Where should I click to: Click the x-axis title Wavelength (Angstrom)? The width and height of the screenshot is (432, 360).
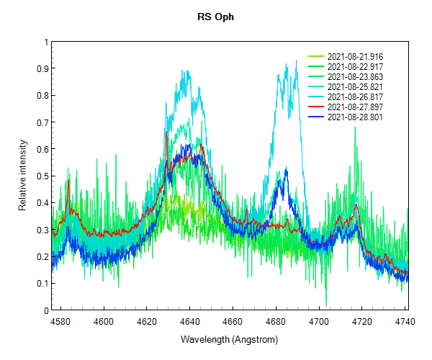tap(229, 339)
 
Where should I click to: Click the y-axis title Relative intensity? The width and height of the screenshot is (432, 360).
tap(22, 176)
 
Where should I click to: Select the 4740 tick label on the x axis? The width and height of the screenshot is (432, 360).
tap(398, 321)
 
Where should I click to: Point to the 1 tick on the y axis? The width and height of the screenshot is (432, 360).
tap(45, 42)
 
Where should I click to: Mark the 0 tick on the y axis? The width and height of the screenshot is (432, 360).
tap(45, 310)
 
